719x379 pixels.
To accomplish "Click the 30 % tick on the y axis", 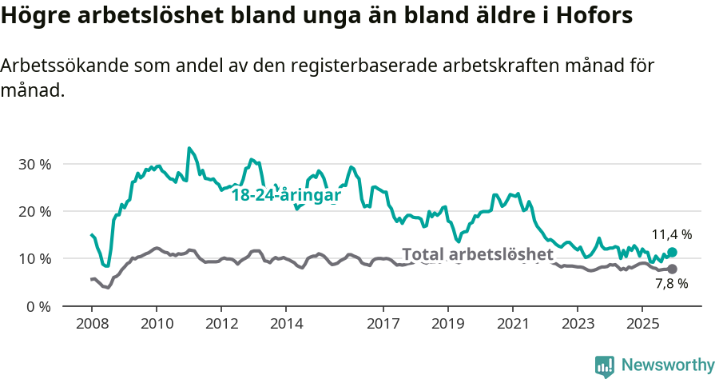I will coord(34,164).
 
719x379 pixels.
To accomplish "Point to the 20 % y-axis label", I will coord(34,211).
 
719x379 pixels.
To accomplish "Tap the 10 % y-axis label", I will coord(34,259).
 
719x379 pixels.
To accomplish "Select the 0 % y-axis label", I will coord(38,306).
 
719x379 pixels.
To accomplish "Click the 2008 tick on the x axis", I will coord(91,324).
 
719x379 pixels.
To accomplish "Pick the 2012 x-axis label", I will coord(221,324).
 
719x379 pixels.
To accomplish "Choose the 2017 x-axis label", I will coord(383,324).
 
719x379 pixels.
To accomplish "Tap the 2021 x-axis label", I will coord(513,324).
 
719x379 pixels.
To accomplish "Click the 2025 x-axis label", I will coord(642,324).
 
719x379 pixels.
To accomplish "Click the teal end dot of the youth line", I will coord(672,253).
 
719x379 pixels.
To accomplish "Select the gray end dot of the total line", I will coord(672,269).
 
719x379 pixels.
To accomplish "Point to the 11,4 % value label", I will coord(671,235).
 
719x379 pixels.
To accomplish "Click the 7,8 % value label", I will coord(671,284).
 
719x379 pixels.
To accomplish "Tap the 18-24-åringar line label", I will coord(286,195).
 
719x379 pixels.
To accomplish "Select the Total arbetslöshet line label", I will coord(477,254).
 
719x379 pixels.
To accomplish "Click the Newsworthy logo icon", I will coord(605,366).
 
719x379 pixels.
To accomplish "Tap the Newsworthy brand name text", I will coord(668,365).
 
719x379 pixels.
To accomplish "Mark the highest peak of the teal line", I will coord(189,148).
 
